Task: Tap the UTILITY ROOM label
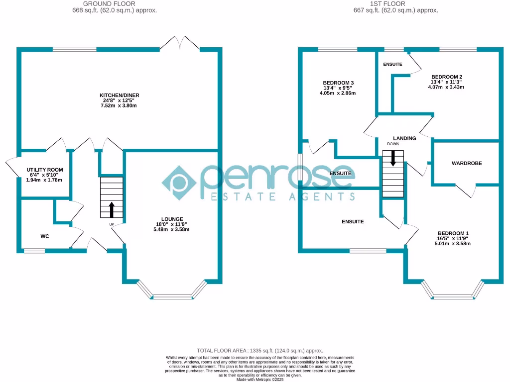click(x=45, y=170)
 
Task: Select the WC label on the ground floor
click(x=45, y=236)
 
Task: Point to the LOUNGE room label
click(x=172, y=219)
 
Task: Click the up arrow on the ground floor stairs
click(x=111, y=209)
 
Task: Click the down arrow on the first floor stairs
click(x=393, y=158)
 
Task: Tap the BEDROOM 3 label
click(x=338, y=83)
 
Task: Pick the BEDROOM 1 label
click(x=453, y=233)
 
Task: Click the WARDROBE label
click(x=467, y=163)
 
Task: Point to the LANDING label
click(x=404, y=138)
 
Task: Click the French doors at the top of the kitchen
click(x=179, y=43)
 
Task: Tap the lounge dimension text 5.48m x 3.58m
click(x=172, y=229)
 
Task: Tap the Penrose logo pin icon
click(x=178, y=182)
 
